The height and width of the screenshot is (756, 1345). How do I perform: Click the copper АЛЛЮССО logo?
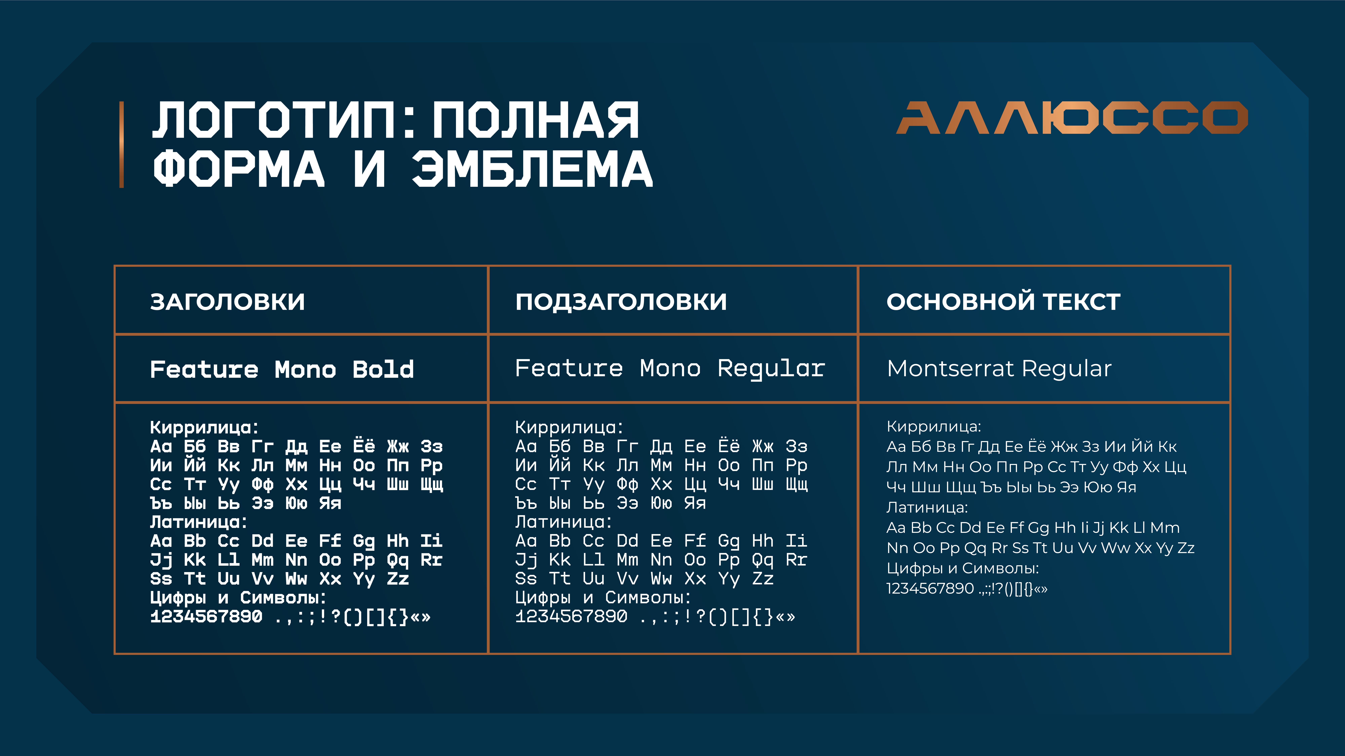(x=1072, y=118)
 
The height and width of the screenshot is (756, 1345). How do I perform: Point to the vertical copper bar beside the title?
(x=122, y=144)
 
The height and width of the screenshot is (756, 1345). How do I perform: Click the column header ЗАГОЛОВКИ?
(x=228, y=301)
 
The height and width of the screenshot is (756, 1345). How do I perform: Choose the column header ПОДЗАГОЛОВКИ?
(x=621, y=301)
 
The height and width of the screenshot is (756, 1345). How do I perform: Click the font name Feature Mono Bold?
(x=282, y=369)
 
